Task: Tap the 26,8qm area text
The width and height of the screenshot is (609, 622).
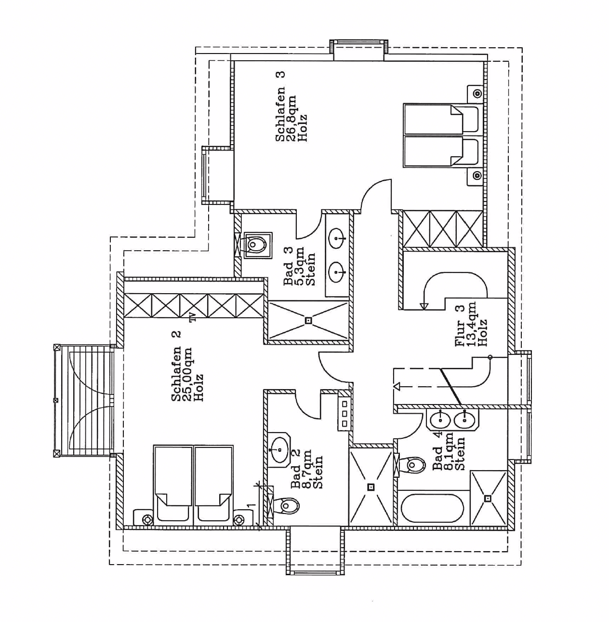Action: click(291, 118)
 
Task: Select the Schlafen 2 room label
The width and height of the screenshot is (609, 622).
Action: click(176, 366)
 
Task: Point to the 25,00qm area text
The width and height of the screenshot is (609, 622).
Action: click(187, 374)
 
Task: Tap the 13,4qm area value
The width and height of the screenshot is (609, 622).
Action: click(472, 324)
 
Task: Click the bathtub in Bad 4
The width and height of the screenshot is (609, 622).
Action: click(432, 509)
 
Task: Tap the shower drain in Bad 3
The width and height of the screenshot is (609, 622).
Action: click(308, 320)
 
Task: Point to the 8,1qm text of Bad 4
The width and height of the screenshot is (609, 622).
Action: click(449, 451)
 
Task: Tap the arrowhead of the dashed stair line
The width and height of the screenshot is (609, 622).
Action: click(397, 386)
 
